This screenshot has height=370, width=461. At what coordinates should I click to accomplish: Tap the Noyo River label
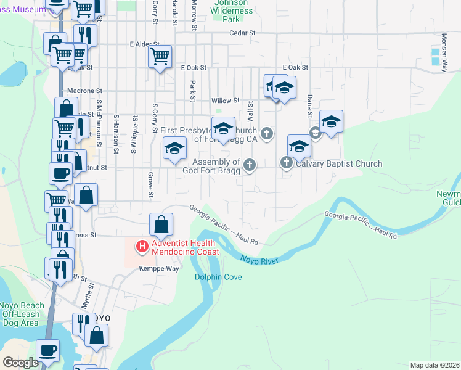(x=259, y=260)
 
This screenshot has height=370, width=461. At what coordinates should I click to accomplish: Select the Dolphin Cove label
(x=218, y=277)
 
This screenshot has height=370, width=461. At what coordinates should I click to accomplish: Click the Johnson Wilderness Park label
(x=233, y=10)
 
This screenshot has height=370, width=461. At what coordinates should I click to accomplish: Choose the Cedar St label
(x=242, y=34)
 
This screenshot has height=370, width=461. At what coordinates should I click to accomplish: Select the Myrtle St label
(x=88, y=296)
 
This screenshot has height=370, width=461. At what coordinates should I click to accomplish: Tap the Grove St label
(x=150, y=185)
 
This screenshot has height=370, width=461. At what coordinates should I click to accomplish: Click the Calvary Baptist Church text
(x=339, y=164)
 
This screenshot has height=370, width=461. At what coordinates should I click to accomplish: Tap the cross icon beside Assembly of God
(x=249, y=165)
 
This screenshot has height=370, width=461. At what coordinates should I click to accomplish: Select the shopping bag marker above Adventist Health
(x=161, y=226)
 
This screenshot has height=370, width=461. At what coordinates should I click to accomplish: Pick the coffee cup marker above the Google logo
(x=47, y=351)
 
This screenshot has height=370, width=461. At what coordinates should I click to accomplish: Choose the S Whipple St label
(x=134, y=131)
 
